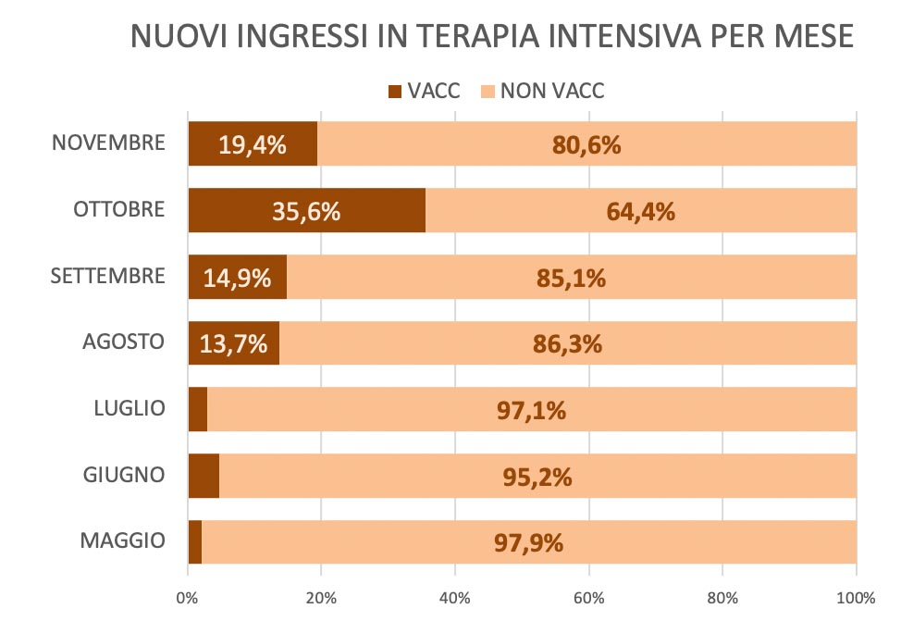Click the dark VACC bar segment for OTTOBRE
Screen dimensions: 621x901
[x=306, y=210]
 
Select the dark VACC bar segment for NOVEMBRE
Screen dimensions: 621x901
[x=253, y=143]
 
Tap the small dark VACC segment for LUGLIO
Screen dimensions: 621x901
[x=197, y=409]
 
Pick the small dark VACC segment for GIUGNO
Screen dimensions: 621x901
[x=204, y=476]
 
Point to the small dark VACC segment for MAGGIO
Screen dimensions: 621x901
[x=194, y=542]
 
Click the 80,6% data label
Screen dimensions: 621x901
[x=586, y=144]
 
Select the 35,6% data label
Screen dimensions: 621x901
[x=306, y=211]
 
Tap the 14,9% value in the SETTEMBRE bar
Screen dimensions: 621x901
[x=238, y=278]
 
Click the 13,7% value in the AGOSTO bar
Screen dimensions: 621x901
[x=233, y=344]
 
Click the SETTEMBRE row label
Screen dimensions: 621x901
[x=109, y=276]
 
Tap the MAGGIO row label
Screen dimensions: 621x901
[x=122, y=540]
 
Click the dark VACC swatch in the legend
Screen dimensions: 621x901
[x=395, y=91]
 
